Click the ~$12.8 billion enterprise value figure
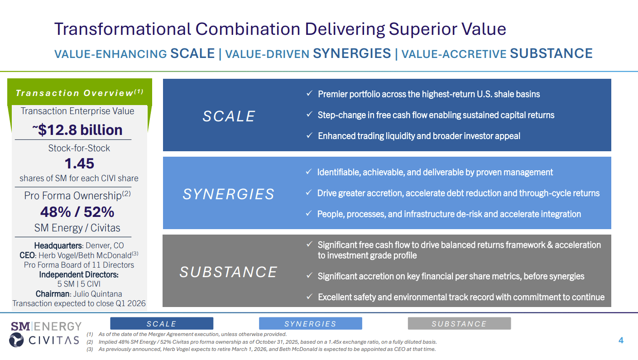click(77, 130)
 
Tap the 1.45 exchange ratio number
click(79, 163)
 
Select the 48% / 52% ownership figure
click(77, 212)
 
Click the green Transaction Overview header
click(79, 92)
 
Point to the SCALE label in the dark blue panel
click(229, 116)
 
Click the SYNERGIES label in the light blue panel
click(228, 194)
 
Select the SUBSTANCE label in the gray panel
click(228, 272)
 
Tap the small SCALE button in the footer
click(162, 323)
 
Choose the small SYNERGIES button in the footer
click(311, 323)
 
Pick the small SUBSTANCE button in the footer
click(460, 323)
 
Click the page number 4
click(621, 341)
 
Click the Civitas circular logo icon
click(16, 340)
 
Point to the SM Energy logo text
click(46, 326)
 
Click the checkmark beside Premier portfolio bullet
click(309, 93)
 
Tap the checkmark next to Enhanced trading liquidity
click(309, 135)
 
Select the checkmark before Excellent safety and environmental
click(309, 297)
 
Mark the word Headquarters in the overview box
click(58, 245)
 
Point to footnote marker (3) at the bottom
click(90, 349)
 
